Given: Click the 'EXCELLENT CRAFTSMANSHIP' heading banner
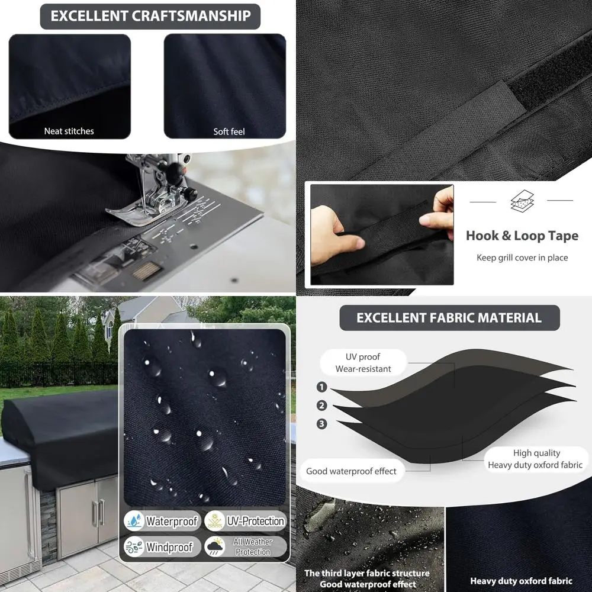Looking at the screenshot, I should (x=150, y=16).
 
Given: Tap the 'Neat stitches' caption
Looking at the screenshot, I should (x=69, y=131).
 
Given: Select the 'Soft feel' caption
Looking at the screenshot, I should (x=229, y=131).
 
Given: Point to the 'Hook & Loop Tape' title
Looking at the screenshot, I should (x=522, y=236).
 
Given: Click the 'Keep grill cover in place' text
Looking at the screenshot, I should (x=522, y=258).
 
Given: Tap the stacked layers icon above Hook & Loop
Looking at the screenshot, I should (x=522, y=201).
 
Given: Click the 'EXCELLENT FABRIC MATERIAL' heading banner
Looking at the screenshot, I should (x=449, y=318).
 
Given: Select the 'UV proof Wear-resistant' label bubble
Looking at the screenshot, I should (x=363, y=362).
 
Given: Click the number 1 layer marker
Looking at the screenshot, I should (x=322, y=387).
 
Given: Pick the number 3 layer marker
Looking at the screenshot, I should (x=322, y=424).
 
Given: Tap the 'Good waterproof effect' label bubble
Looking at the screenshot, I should (x=351, y=471).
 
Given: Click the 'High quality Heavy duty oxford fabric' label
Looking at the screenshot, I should (x=536, y=459).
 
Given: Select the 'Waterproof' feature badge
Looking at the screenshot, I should (x=161, y=521).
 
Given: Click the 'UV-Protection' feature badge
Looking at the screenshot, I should (x=246, y=521).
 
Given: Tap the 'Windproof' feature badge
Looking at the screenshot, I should (x=161, y=547).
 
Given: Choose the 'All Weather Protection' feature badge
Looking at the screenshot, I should (x=246, y=547).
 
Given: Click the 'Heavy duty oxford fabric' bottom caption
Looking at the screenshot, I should (x=521, y=581).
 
